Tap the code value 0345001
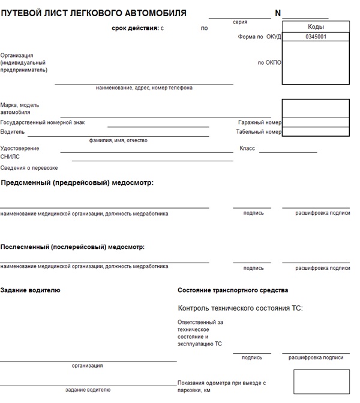(x=316, y=37)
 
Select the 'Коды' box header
(x=316, y=27)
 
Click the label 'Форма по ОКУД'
(x=259, y=37)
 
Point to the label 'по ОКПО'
(x=269, y=62)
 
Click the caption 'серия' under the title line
(x=240, y=22)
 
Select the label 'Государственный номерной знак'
(x=43, y=122)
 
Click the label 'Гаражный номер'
(x=259, y=122)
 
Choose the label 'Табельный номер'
(x=258, y=131)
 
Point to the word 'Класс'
(x=247, y=148)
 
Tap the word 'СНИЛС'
(x=10, y=156)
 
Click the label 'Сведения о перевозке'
(x=29, y=168)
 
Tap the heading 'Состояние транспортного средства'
(x=233, y=290)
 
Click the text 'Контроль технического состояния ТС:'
(x=241, y=308)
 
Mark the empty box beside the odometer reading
(x=321, y=382)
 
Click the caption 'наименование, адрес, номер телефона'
(x=144, y=88)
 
